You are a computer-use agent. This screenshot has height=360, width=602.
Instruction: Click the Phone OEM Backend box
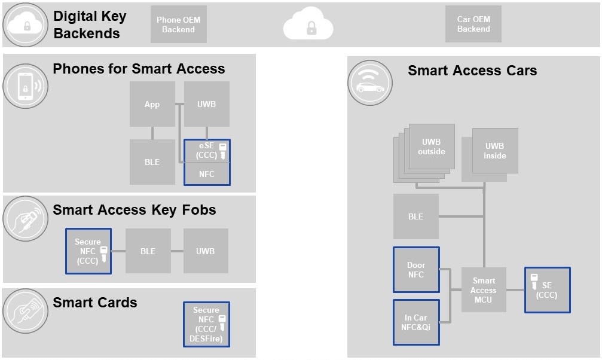click(178, 25)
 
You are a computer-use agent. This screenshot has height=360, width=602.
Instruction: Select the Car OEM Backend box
click(473, 25)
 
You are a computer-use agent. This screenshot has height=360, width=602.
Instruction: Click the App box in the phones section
click(152, 104)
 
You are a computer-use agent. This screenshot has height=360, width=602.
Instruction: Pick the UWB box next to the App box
click(206, 104)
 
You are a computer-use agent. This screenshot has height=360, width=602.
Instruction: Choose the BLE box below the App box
click(152, 161)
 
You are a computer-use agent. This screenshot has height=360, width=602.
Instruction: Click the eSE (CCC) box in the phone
click(206, 151)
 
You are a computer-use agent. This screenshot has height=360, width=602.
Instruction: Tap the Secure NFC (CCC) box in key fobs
click(88, 251)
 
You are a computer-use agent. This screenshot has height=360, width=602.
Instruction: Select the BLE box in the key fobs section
click(148, 251)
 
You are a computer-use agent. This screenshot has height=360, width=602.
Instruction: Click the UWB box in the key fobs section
click(205, 251)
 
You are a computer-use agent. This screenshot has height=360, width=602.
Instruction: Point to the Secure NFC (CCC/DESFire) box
click(206, 324)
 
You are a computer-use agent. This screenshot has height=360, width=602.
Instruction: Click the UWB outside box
click(431, 147)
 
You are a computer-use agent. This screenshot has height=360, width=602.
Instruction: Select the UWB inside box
click(494, 150)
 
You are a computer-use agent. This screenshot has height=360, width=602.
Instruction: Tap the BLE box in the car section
click(415, 216)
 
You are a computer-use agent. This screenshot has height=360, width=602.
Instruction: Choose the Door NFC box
click(416, 270)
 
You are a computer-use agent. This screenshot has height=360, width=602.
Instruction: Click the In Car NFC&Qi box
click(416, 322)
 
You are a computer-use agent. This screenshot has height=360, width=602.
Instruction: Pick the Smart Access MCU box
click(484, 289)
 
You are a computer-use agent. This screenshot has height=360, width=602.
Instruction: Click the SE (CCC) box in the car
click(547, 289)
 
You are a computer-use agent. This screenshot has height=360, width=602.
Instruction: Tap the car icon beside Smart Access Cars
click(370, 83)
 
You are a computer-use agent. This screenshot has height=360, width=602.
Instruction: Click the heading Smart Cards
click(95, 303)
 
